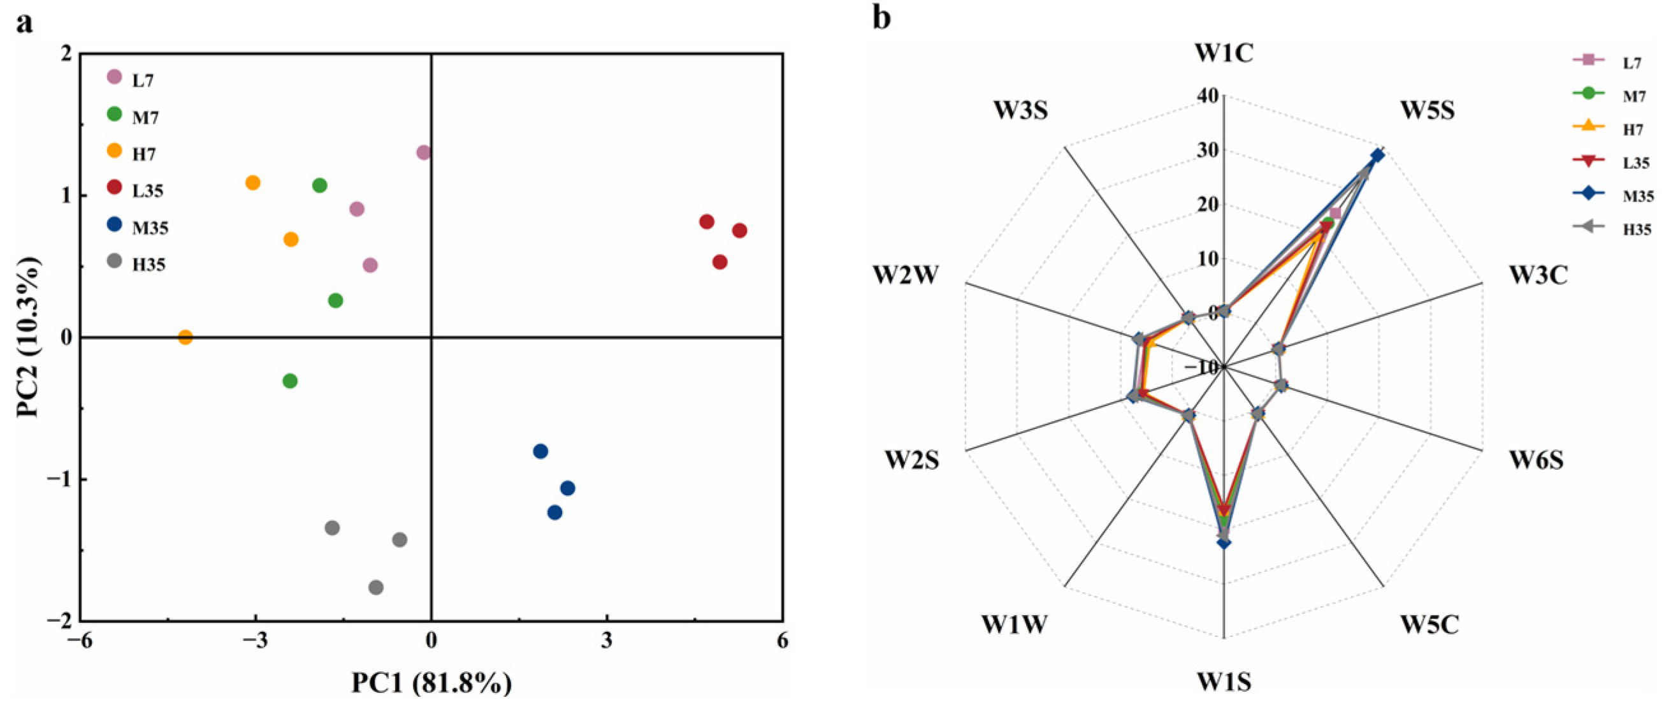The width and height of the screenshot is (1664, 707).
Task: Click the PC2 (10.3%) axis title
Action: tap(29, 337)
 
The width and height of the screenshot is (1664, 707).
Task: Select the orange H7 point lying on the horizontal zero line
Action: tap(185, 337)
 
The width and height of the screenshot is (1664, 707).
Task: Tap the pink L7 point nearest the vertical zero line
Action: tap(424, 153)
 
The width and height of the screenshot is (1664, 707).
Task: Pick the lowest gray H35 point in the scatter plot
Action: tap(376, 587)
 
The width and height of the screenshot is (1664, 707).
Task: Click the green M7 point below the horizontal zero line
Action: tap(290, 381)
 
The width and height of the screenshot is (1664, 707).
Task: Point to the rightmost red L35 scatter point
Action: tap(740, 231)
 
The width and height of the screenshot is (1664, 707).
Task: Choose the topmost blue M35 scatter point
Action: tap(540, 451)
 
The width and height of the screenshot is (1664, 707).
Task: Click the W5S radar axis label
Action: tap(1428, 110)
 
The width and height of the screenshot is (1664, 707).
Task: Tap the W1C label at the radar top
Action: tap(1224, 53)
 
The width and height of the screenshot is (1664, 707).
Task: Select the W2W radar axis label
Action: tap(906, 275)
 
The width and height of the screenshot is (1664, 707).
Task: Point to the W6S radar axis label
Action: tap(1536, 460)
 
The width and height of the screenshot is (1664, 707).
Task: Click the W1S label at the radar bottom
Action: tap(1224, 682)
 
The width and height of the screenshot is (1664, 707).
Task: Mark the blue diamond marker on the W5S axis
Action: tap(1377, 155)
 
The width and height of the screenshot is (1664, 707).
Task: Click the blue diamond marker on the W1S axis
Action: tap(1224, 543)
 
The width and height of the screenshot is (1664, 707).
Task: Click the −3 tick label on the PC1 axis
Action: tap(255, 641)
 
